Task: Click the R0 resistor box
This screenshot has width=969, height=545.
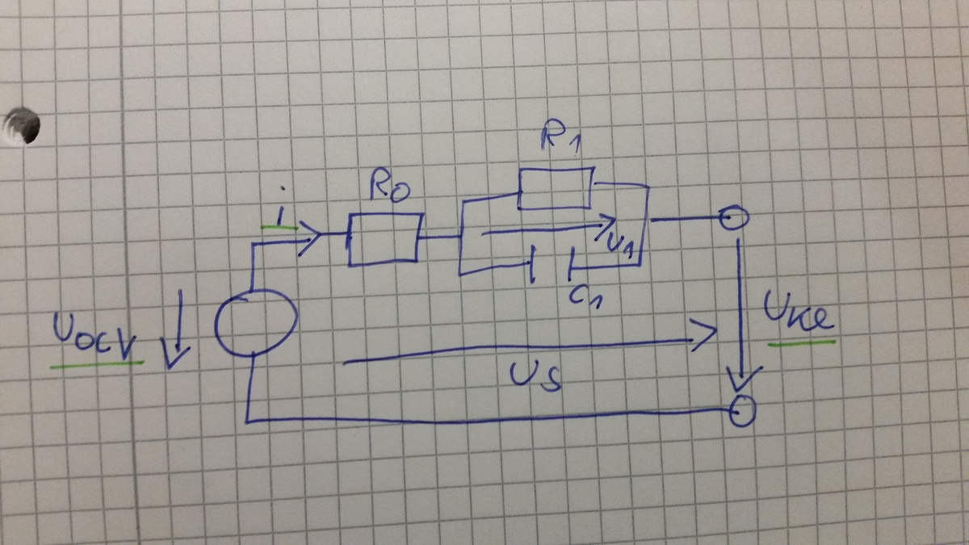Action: [384, 239]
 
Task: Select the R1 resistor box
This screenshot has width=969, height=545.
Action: [556, 187]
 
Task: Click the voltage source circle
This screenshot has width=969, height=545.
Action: [256, 324]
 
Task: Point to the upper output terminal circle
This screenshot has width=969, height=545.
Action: [733, 218]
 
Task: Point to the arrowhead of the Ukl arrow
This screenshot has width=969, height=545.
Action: [743, 377]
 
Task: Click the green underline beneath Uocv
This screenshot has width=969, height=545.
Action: [97, 364]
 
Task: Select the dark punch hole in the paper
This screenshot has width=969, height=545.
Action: [22, 125]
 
